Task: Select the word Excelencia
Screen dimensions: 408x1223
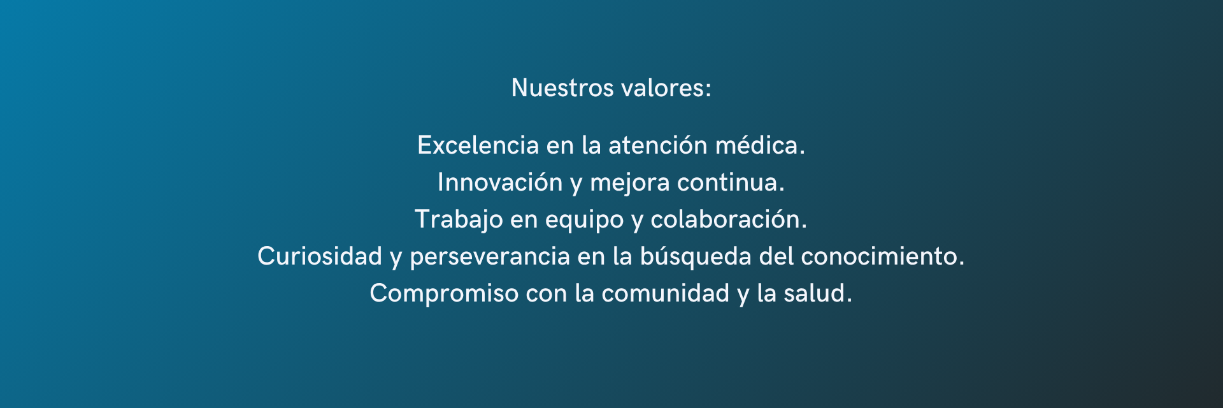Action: pos(478,145)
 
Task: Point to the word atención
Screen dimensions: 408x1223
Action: pos(657,145)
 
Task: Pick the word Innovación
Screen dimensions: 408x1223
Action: pos(500,182)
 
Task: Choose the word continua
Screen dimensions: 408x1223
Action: pos(730,182)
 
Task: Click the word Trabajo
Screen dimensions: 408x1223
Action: pos(459,220)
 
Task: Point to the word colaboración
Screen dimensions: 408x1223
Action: pos(728,219)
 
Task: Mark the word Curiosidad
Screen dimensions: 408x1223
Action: pos(319,256)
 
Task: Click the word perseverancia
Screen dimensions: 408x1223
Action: pos(489,256)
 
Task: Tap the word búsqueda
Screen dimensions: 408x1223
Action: pos(695,256)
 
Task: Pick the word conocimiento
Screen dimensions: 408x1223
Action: pos(882,256)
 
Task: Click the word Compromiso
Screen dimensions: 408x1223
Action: pos(444,294)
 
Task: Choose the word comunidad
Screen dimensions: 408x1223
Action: pos(665,293)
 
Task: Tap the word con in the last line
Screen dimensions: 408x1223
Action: pos(546,294)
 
